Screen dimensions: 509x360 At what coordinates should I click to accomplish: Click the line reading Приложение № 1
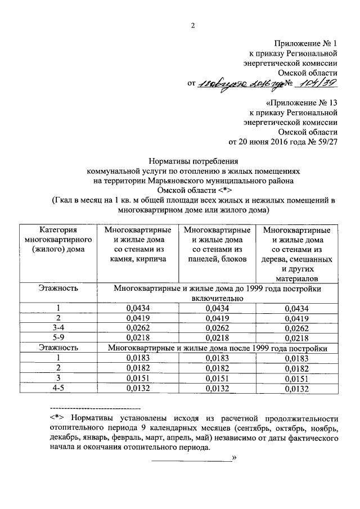coord(305,43)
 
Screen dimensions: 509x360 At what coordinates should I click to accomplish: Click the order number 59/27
coord(327,143)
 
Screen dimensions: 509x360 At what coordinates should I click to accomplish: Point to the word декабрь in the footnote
coord(67,438)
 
